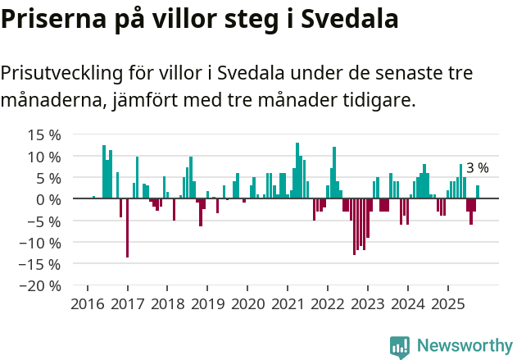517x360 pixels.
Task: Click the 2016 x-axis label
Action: click(x=88, y=305)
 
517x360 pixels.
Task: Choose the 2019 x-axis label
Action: click(x=207, y=305)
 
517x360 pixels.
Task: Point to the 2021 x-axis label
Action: click(x=288, y=305)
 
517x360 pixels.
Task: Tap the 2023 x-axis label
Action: click(x=367, y=305)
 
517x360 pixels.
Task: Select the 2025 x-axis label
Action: click(x=447, y=305)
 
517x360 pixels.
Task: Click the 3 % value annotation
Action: click(x=477, y=168)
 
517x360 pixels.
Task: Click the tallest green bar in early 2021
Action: click(x=297, y=171)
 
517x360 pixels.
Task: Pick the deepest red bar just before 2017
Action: click(x=127, y=228)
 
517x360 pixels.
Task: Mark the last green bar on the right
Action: click(x=478, y=192)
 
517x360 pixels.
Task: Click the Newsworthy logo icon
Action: click(x=400, y=346)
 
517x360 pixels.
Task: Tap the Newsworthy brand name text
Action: click(x=464, y=345)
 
